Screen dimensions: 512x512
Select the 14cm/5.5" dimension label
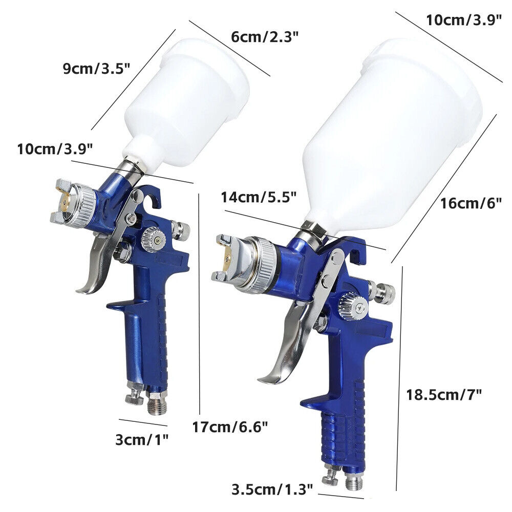[259, 198]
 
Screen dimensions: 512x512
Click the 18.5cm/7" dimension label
[443, 394]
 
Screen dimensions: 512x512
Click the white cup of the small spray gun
[189, 97]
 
